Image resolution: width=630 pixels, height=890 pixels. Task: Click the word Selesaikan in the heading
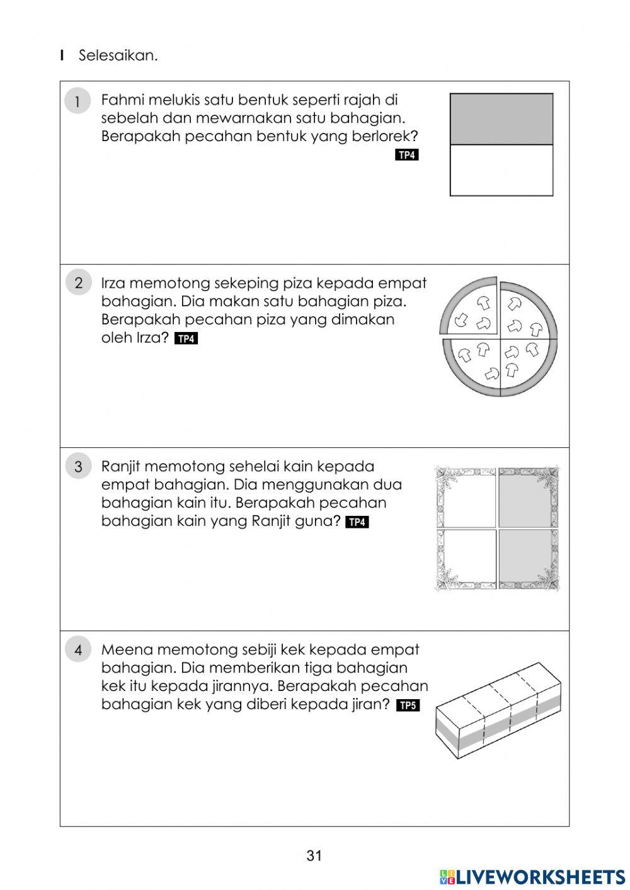[118, 55]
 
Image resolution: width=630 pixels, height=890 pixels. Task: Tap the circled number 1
[77, 101]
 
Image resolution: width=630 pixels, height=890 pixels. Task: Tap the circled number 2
[78, 283]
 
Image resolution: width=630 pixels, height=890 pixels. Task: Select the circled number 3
[78, 467]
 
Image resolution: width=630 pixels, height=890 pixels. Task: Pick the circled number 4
[78, 650]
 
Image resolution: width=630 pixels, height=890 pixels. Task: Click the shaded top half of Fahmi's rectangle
[501, 119]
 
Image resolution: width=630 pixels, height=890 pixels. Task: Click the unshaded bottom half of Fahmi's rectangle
[501, 171]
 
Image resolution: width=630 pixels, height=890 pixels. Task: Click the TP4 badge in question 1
[407, 155]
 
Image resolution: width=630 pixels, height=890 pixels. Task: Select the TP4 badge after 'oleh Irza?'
[186, 339]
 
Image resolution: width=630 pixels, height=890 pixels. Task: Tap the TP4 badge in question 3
[357, 522]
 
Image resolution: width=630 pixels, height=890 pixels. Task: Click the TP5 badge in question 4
[408, 705]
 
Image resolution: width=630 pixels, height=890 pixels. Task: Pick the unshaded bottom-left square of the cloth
[467, 558]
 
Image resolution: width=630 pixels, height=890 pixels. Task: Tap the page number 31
[314, 855]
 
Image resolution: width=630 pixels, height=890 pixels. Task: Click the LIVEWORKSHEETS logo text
[541, 877]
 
